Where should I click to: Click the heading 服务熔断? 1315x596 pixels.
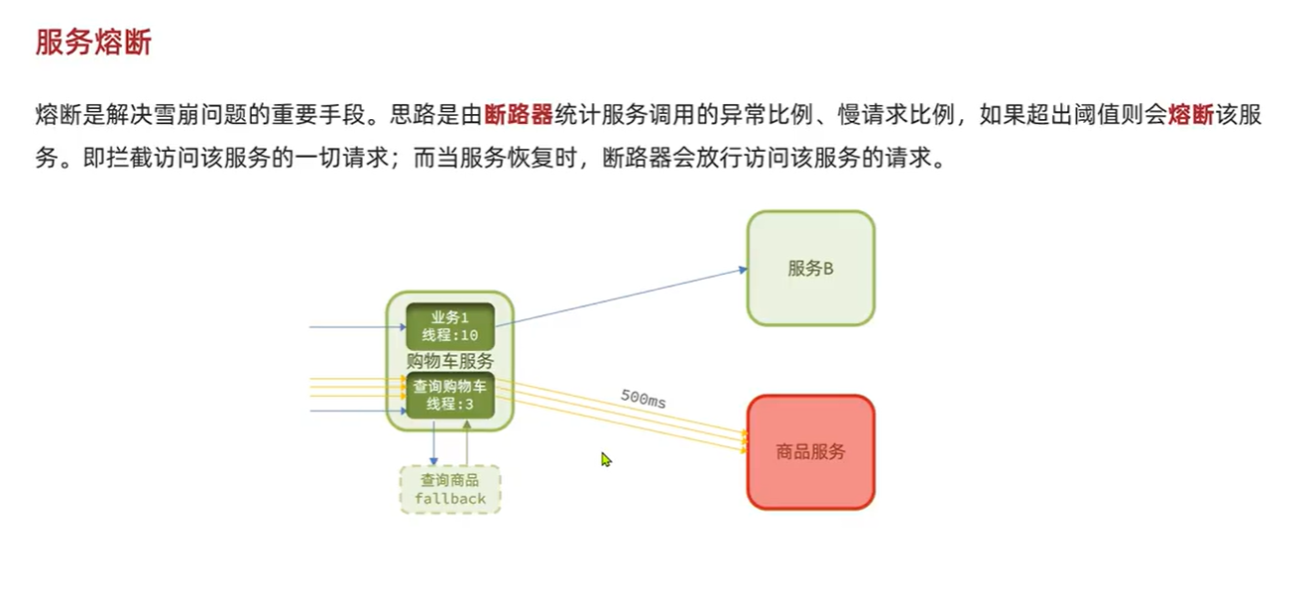(x=93, y=43)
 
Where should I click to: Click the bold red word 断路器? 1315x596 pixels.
(x=519, y=114)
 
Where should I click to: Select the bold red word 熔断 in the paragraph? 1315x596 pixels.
(x=1191, y=114)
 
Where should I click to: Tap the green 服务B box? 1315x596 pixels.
(x=810, y=268)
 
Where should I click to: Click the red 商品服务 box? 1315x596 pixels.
(x=810, y=452)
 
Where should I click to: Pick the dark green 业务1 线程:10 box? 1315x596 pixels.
(x=449, y=325)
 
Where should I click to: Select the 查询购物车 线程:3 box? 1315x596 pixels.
(x=449, y=395)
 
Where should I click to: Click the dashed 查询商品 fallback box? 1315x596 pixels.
(x=449, y=489)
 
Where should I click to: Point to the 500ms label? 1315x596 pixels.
(x=644, y=399)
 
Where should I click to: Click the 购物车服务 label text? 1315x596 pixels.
(x=449, y=361)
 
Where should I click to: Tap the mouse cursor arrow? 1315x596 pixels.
(x=605, y=458)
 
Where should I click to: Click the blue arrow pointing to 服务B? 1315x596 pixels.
(x=635, y=295)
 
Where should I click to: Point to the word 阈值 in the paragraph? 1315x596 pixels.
(x=1101, y=114)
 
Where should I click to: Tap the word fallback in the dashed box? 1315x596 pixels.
(x=450, y=498)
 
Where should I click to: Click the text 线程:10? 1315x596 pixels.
(x=449, y=335)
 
